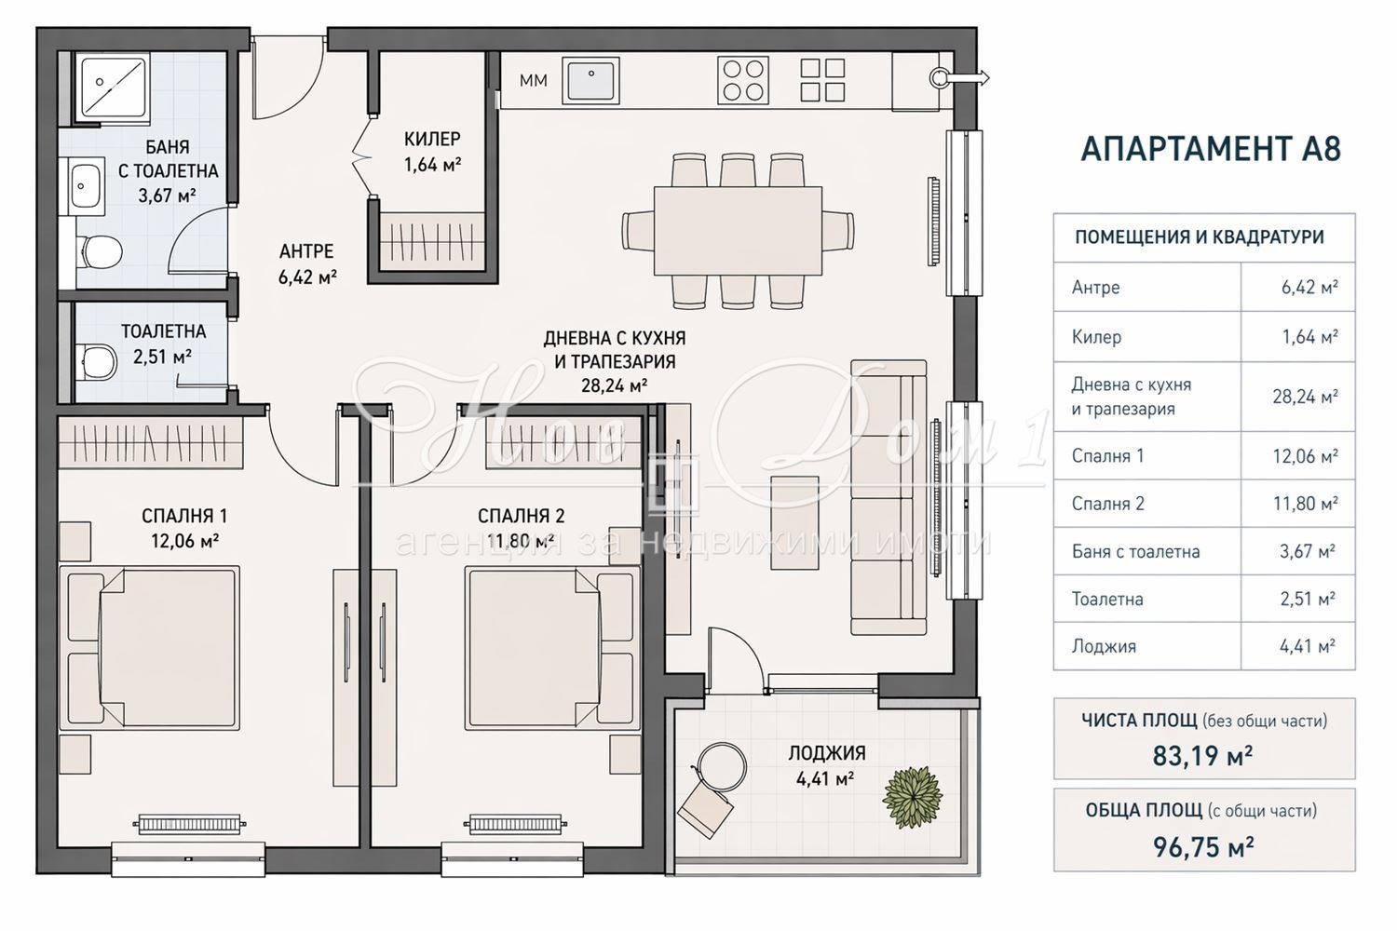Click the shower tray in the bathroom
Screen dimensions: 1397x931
click(x=113, y=87)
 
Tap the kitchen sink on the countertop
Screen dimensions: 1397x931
click(x=590, y=80)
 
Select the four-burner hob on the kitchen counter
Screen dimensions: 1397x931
click(x=743, y=80)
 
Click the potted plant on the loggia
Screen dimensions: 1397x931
click(x=913, y=798)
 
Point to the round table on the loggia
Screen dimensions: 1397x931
click(x=722, y=767)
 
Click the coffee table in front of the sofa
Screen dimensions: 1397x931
click(x=795, y=522)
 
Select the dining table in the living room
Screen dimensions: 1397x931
click(x=738, y=231)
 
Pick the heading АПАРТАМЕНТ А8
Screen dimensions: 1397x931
click(x=1211, y=149)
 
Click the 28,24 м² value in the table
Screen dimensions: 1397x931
click(x=1306, y=397)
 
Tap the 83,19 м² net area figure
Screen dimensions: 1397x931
click(x=1202, y=755)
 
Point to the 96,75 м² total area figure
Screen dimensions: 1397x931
click(x=1203, y=847)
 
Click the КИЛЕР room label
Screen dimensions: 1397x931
click(x=432, y=139)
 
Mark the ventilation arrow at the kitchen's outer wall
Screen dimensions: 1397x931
click(x=968, y=78)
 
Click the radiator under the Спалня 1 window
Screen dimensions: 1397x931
click(x=189, y=824)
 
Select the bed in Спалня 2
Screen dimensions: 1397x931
click(x=552, y=648)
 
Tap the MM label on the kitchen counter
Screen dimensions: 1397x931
click(x=534, y=80)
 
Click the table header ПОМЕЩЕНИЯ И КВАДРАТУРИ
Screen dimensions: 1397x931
click(x=1200, y=237)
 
